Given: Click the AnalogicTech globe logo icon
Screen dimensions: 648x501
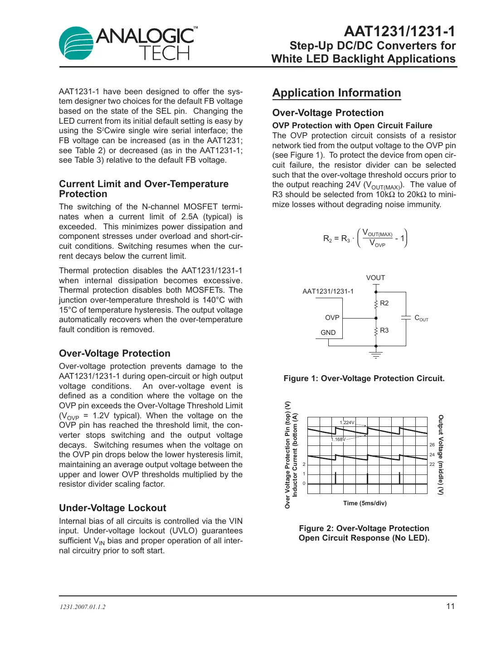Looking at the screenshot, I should (76, 44).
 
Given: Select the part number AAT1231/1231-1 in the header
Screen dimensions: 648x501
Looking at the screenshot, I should (399, 31).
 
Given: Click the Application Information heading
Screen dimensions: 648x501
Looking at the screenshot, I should (336, 93).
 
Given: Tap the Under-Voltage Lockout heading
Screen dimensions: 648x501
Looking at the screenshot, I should (112, 508).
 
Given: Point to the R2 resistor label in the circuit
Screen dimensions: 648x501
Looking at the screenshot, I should (384, 303).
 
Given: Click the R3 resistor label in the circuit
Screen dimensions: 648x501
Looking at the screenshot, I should (384, 330).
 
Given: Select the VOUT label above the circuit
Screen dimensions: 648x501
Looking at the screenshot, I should (375, 278).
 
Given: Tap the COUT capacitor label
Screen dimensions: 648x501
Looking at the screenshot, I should (421, 318).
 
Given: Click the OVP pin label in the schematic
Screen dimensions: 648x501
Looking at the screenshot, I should (332, 318).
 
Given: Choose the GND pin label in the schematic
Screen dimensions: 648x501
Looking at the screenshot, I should (328, 333).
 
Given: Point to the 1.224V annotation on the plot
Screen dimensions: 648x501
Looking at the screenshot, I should (347, 422).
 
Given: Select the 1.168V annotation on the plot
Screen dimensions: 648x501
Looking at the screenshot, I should (338, 439).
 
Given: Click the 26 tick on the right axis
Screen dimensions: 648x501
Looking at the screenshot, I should (432, 445).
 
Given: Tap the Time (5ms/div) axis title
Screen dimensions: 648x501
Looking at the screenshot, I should (365, 503).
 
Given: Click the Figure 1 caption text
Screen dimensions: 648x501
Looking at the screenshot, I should (364, 378).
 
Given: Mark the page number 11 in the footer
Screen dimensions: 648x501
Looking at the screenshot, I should (450, 606).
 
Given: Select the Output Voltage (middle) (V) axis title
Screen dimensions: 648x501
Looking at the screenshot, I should (441, 455).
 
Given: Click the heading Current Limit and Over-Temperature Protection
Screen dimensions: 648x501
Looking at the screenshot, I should (144, 189).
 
